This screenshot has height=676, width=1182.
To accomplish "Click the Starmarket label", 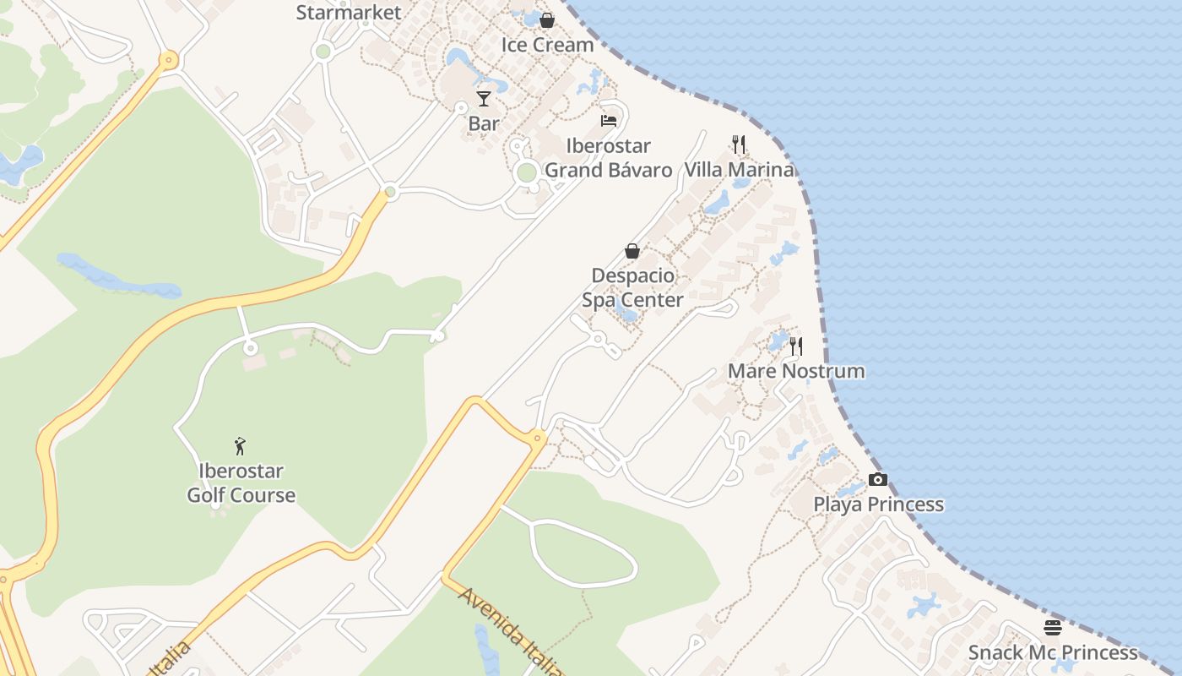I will pyautogui.click(x=349, y=13).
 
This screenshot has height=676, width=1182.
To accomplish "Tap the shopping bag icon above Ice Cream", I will pyautogui.click(x=547, y=19).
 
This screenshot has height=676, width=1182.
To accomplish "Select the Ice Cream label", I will pyautogui.click(x=547, y=45).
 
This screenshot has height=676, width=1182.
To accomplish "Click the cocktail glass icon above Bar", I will pyautogui.click(x=484, y=99).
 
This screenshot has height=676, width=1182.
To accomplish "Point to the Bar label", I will pyautogui.click(x=484, y=123).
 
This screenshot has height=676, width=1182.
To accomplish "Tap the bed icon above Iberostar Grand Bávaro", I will pyautogui.click(x=609, y=121).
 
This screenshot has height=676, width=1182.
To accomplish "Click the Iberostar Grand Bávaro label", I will pyautogui.click(x=609, y=158).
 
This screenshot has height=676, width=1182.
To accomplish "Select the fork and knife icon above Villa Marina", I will pyautogui.click(x=739, y=144).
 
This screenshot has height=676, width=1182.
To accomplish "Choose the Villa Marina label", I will pyautogui.click(x=739, y=170).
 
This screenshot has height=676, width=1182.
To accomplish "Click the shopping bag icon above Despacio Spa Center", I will pyautogui.click(x=632, y=251).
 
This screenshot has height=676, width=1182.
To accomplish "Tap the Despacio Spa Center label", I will pyautogui.click(x=632, y=287).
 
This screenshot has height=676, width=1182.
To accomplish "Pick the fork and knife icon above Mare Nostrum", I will pyautogui.click(x=796, y=346).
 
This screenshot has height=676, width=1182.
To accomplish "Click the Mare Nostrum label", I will pyautogui.click(x=796, y=371).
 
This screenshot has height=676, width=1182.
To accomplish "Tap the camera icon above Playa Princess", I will pyautogui.click(x=878, y=479).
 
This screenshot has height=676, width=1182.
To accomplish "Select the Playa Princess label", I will pyautogui.click(x=878, y=504).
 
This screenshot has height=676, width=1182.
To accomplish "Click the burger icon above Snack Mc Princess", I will pyautogui.click(x=1053, y=628).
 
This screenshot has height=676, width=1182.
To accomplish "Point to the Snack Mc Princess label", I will pyautogui.click(x=1053, y=652).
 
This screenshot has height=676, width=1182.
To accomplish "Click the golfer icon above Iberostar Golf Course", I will pyautogui.click(x=241, y=446).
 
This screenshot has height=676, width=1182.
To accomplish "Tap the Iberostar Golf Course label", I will pyautogui.click(x=241, y=482).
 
